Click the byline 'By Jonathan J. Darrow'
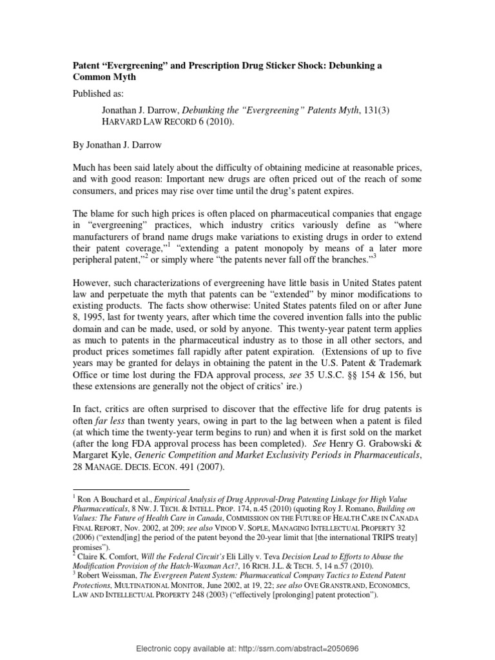click(119, 146)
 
